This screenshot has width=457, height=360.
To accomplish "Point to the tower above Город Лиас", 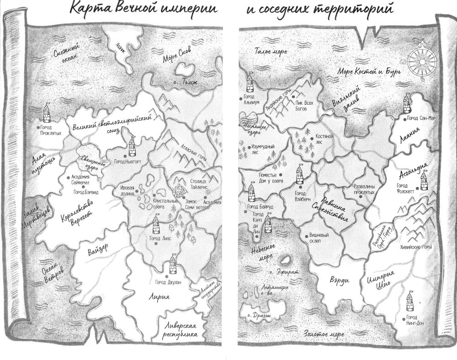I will point(156,225).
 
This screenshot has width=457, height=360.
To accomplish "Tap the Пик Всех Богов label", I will point(304,106).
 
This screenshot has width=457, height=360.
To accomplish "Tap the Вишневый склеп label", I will point(317,238).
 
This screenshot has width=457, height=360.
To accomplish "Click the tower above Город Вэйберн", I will point(299,174).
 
